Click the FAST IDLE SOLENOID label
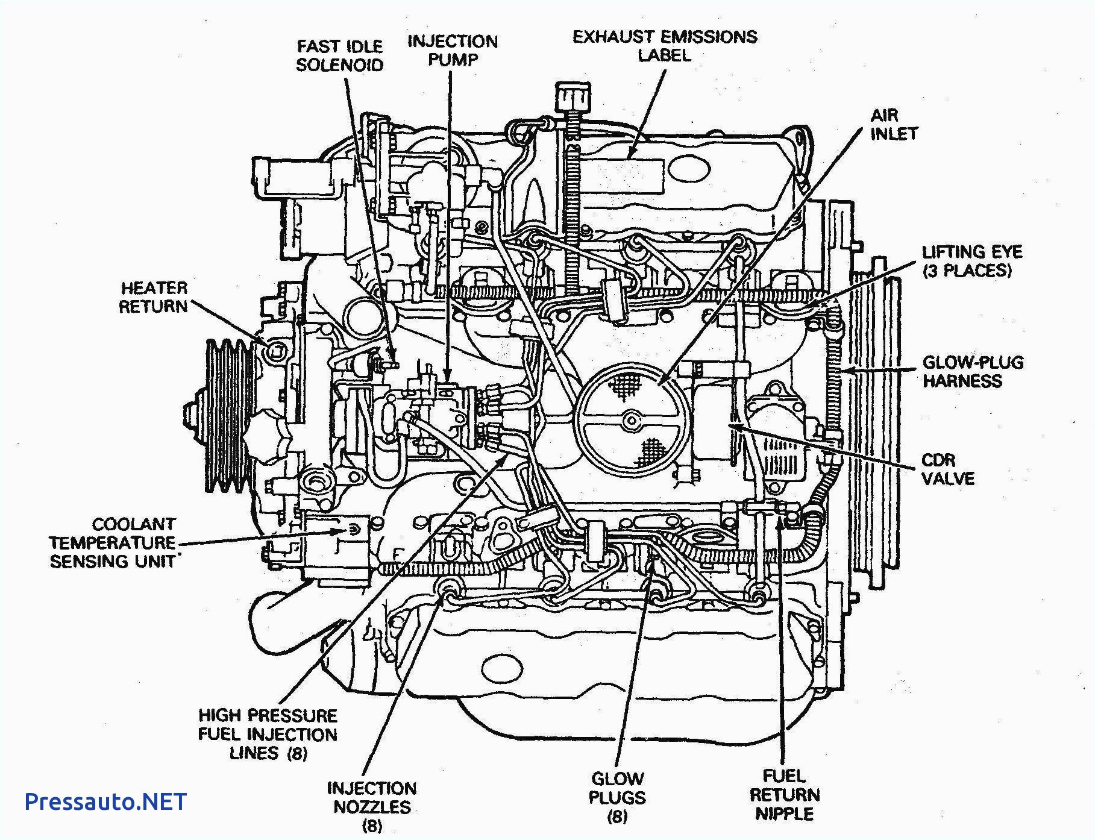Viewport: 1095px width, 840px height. coord(340,55)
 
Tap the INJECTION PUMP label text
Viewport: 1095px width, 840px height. coord(453,51)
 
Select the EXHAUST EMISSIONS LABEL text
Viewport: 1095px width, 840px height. coord(665,46)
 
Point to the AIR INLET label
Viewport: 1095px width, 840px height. coord(893,124)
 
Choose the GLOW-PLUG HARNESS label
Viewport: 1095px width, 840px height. coord(973,371)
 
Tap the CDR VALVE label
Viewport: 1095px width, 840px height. coord(947,469)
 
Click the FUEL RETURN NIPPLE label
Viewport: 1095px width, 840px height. coord(785,794)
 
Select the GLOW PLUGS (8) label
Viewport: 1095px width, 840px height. coord(617,797)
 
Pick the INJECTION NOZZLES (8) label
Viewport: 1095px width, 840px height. coord(372,806)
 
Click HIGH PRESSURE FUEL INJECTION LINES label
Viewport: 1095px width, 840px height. coord(268,734)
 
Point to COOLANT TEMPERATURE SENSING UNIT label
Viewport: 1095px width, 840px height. coord(113,542)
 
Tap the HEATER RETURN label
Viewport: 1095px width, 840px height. coord(154,297)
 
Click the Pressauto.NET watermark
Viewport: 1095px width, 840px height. coord(106,801)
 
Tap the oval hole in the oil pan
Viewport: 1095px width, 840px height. coord(503,668)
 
